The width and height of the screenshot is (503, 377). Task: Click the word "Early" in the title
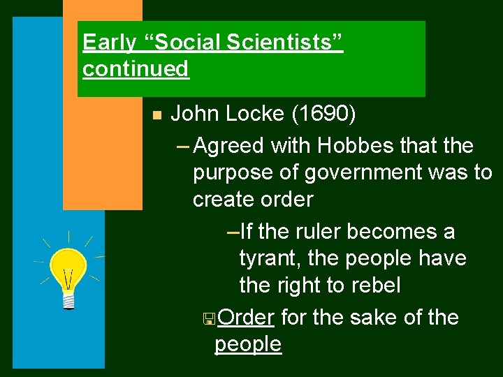(109, 43)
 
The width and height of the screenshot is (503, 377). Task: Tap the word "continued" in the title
(136, 69)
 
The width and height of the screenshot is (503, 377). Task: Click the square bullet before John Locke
(156, 115)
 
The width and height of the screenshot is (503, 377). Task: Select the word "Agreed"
(228, 146)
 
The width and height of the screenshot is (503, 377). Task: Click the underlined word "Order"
(245, 318)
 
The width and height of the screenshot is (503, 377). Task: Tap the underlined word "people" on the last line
(248, 344)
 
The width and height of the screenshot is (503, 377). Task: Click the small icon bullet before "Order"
(207, 319)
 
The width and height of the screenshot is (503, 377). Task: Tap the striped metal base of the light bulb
(68, 300)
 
